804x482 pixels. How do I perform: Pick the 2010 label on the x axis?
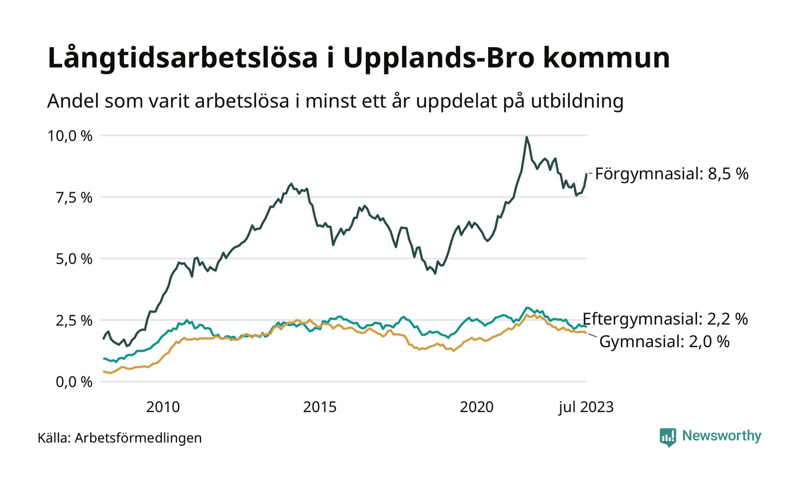[x=163, y=407]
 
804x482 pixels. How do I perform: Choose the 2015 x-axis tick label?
[x=320, y=407]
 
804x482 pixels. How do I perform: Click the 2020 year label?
[x=476, y=407]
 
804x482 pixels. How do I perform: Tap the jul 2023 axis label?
[x=586, y=407]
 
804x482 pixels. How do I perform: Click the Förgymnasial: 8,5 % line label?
[x=672, y=174]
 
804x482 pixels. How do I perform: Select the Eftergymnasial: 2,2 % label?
[x=665, y=319]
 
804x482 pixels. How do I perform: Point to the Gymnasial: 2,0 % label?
[x=664, y=342]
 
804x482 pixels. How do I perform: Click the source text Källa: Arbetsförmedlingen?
[x=119, y=438]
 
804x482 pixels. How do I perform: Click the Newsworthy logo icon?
[x=668, y=437]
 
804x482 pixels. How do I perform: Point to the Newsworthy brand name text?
[x=722, y=436]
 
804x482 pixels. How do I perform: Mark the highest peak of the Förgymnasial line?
[x=527, y=137]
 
